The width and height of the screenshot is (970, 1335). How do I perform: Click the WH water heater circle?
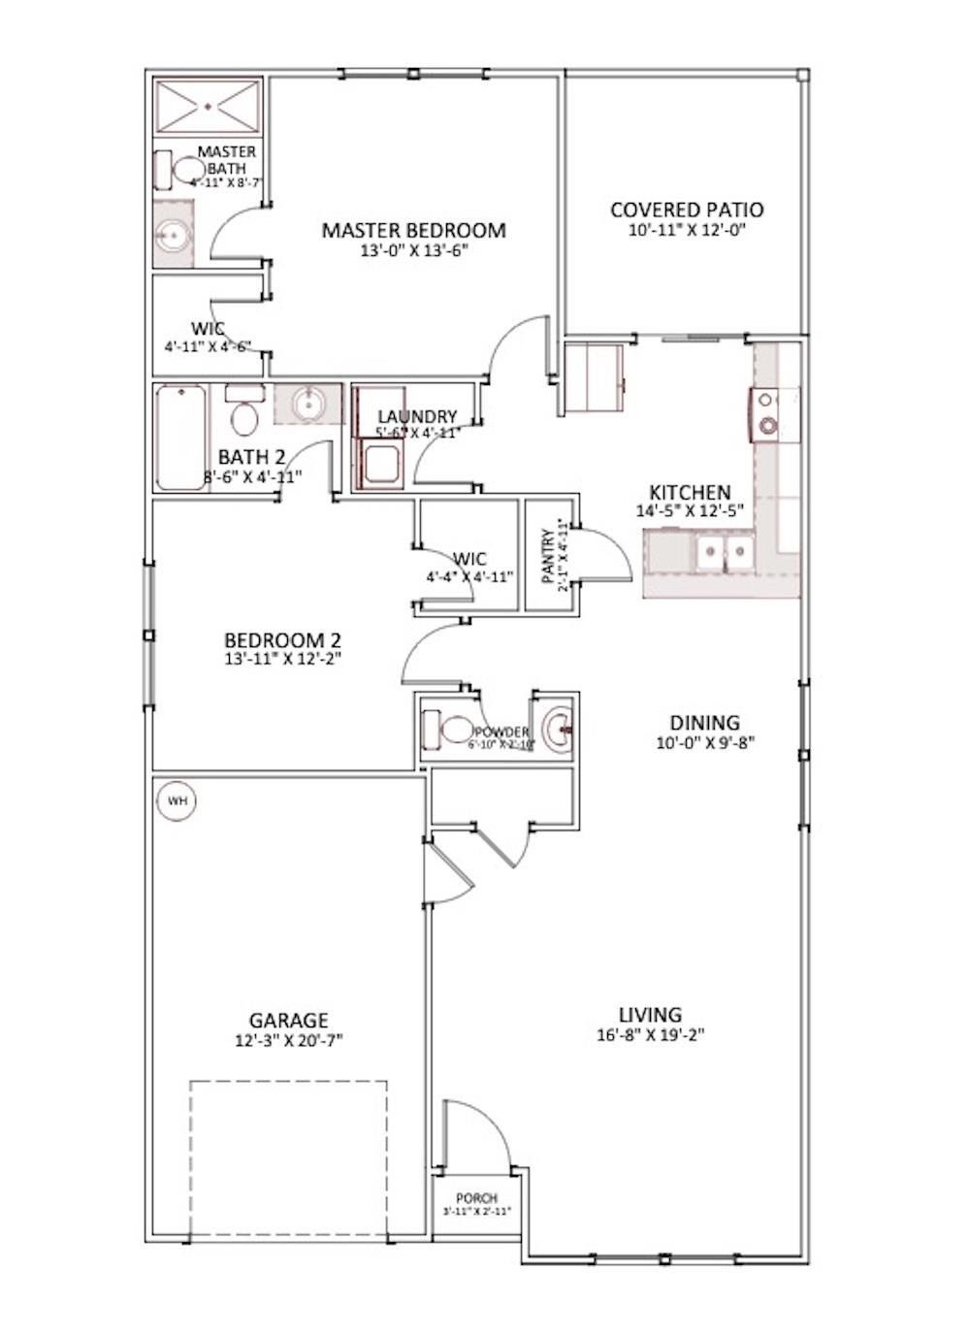click(178, 801)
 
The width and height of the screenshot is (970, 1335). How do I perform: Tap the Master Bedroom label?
click(413, 230)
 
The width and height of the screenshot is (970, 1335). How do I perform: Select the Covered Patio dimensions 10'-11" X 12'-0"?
click(687, 231)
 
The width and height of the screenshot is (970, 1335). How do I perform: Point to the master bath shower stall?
click(209, 105)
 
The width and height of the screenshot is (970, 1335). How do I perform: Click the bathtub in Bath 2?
click(180, 437)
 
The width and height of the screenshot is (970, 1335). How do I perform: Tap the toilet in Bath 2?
click(244, 414)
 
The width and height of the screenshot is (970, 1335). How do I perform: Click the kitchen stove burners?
click(767, 411)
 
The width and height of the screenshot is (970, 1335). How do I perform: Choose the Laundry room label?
click(417, 416)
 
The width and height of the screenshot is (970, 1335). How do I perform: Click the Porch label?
click(476, 1199)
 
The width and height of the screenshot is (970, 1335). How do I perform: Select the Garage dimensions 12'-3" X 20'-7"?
click(289, 1039)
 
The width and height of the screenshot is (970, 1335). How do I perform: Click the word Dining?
click(704, 723)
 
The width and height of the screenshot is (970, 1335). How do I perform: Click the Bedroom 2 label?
click(282, 640)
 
